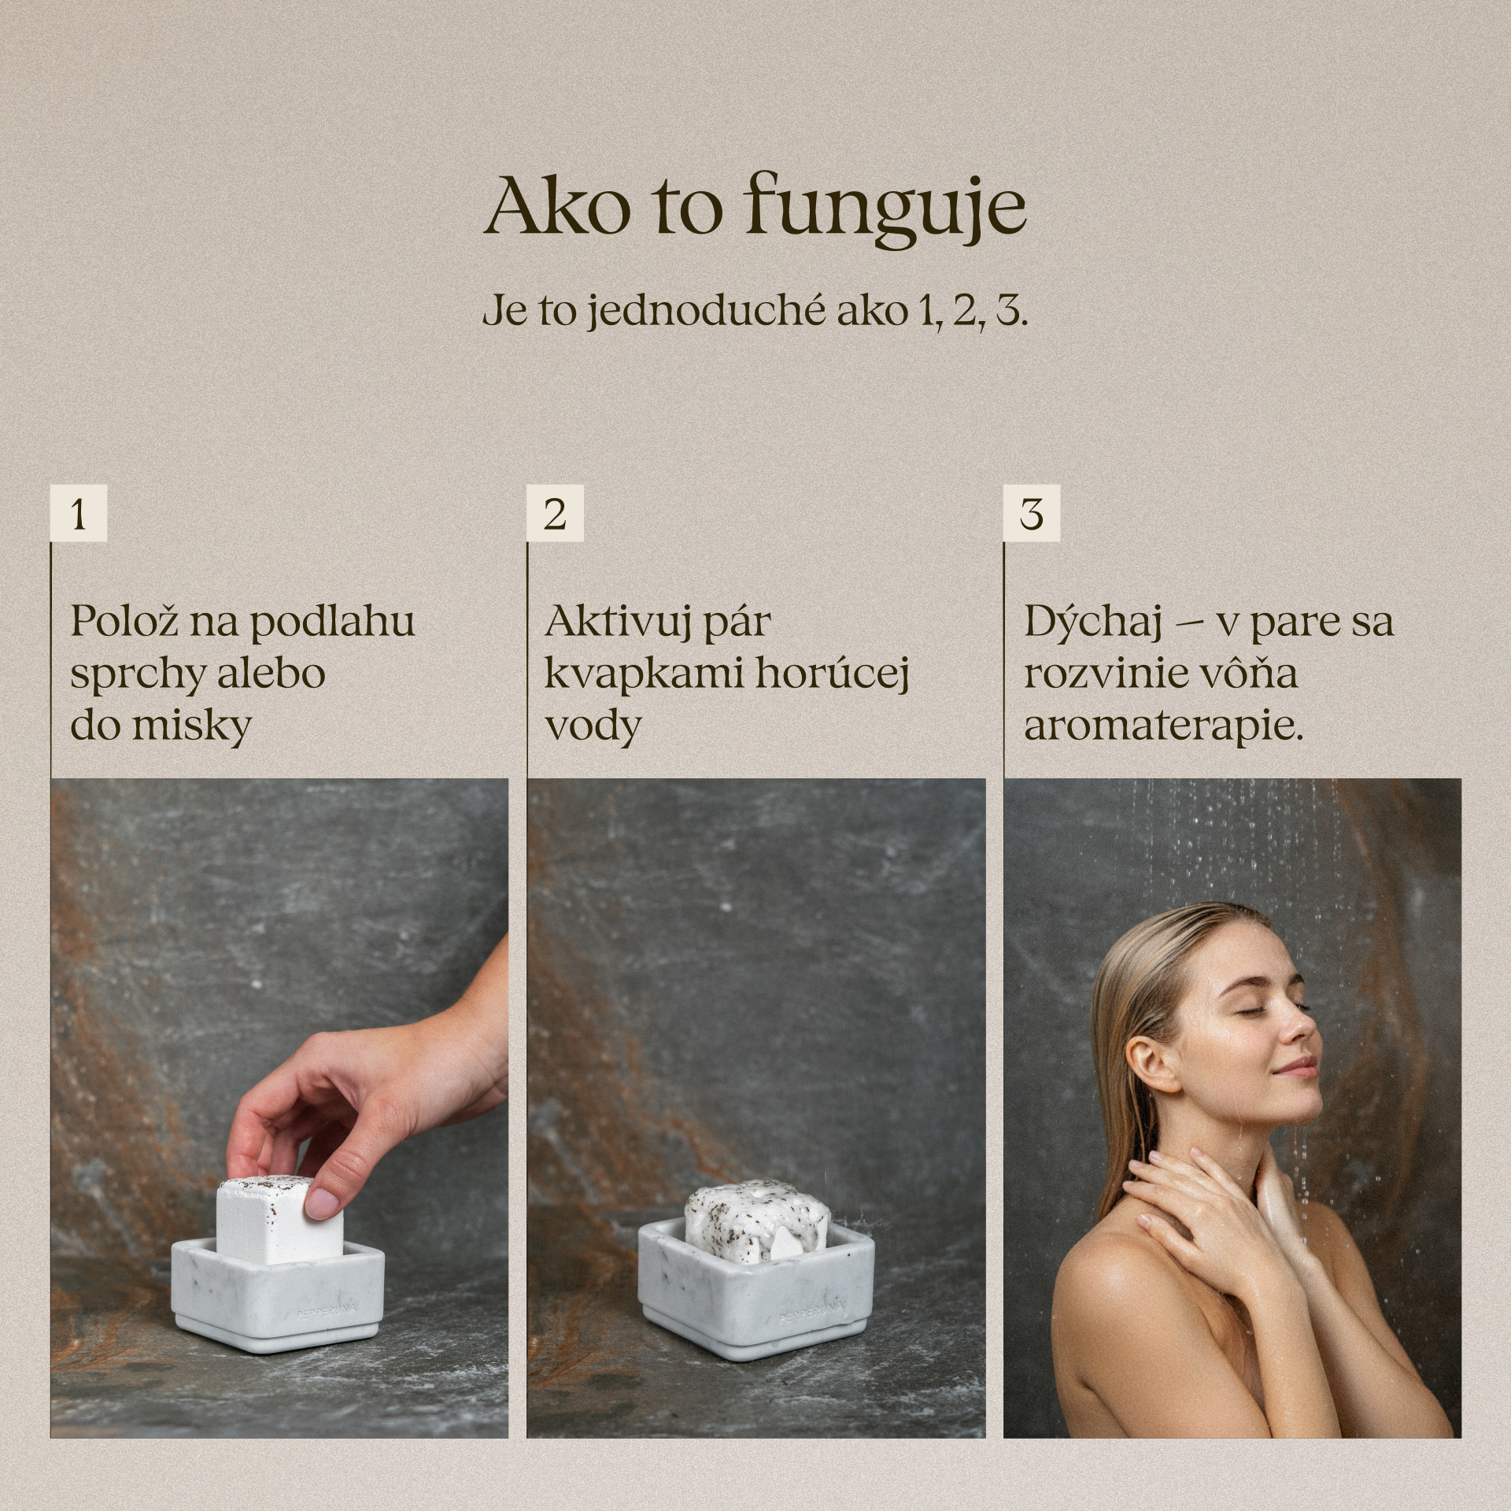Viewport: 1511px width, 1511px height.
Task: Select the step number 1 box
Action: (78, 514)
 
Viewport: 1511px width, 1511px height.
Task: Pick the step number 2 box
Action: (555, 514)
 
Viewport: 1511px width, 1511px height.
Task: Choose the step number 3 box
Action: (1031, 514)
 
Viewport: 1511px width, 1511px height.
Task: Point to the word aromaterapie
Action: (1160, 726)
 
